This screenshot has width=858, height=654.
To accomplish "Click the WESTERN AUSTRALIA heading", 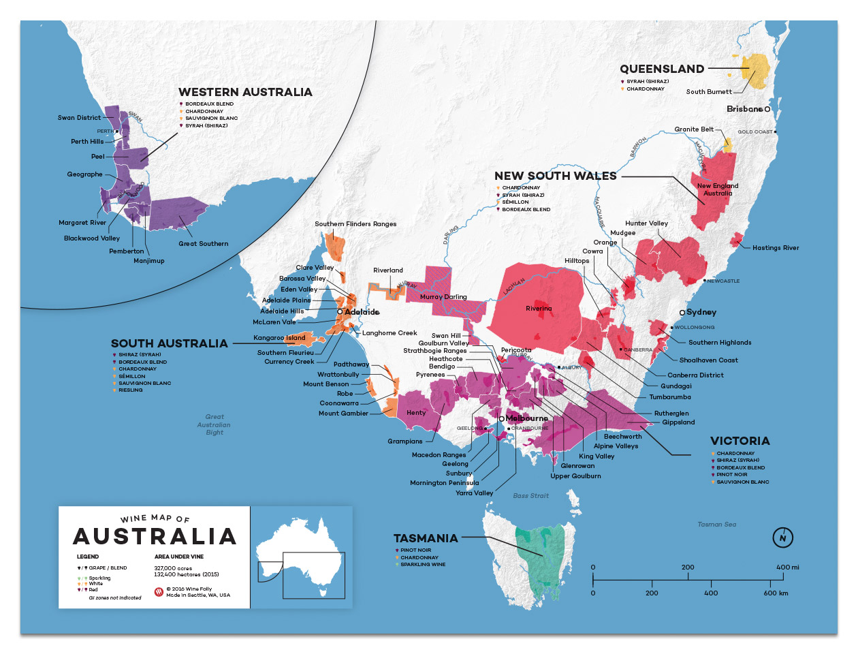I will (x=245, y=92).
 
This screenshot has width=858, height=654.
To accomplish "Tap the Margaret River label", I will (x=82, y=223).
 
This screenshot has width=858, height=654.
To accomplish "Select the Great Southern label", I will (x=204, y=244).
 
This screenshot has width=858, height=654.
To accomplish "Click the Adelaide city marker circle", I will (x=340, y=312).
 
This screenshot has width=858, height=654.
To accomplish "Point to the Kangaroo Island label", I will (x=279, y=338).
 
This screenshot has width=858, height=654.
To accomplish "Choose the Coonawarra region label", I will (x=339, y=403).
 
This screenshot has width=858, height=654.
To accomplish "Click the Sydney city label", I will (x=701, y=312).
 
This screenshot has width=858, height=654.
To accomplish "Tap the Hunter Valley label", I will (x=646, y=223).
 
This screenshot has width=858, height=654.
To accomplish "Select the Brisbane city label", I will (x=744, y=109).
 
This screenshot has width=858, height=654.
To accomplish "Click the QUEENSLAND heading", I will (x=662, y=69).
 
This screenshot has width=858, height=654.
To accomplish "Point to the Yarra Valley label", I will (x=474, y=493).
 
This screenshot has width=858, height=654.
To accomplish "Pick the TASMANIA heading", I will (x=426, y=538).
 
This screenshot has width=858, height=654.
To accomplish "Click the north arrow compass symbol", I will (x=783, y=538).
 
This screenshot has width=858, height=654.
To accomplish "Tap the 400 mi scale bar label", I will (x=787, y=567).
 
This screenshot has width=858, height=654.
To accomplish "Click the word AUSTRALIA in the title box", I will (x=155, y=537).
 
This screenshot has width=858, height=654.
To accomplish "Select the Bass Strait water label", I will (x=530, y=496).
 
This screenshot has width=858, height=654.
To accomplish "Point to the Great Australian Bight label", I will (x=214, y=424).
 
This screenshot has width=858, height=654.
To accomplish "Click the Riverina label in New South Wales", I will (x=539, y=309).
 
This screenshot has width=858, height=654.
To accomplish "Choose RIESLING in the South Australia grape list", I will (x=131, y=390).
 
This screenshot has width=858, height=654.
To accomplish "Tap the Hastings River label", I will (x=776, y=248).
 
